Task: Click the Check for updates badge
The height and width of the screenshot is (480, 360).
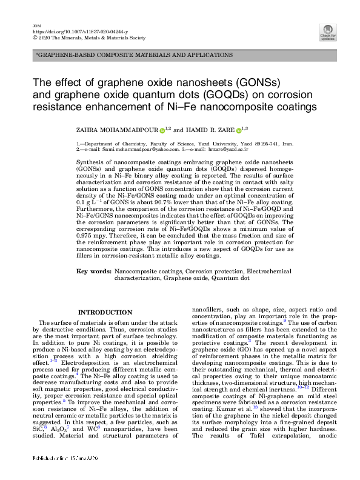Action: coord(328,32)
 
